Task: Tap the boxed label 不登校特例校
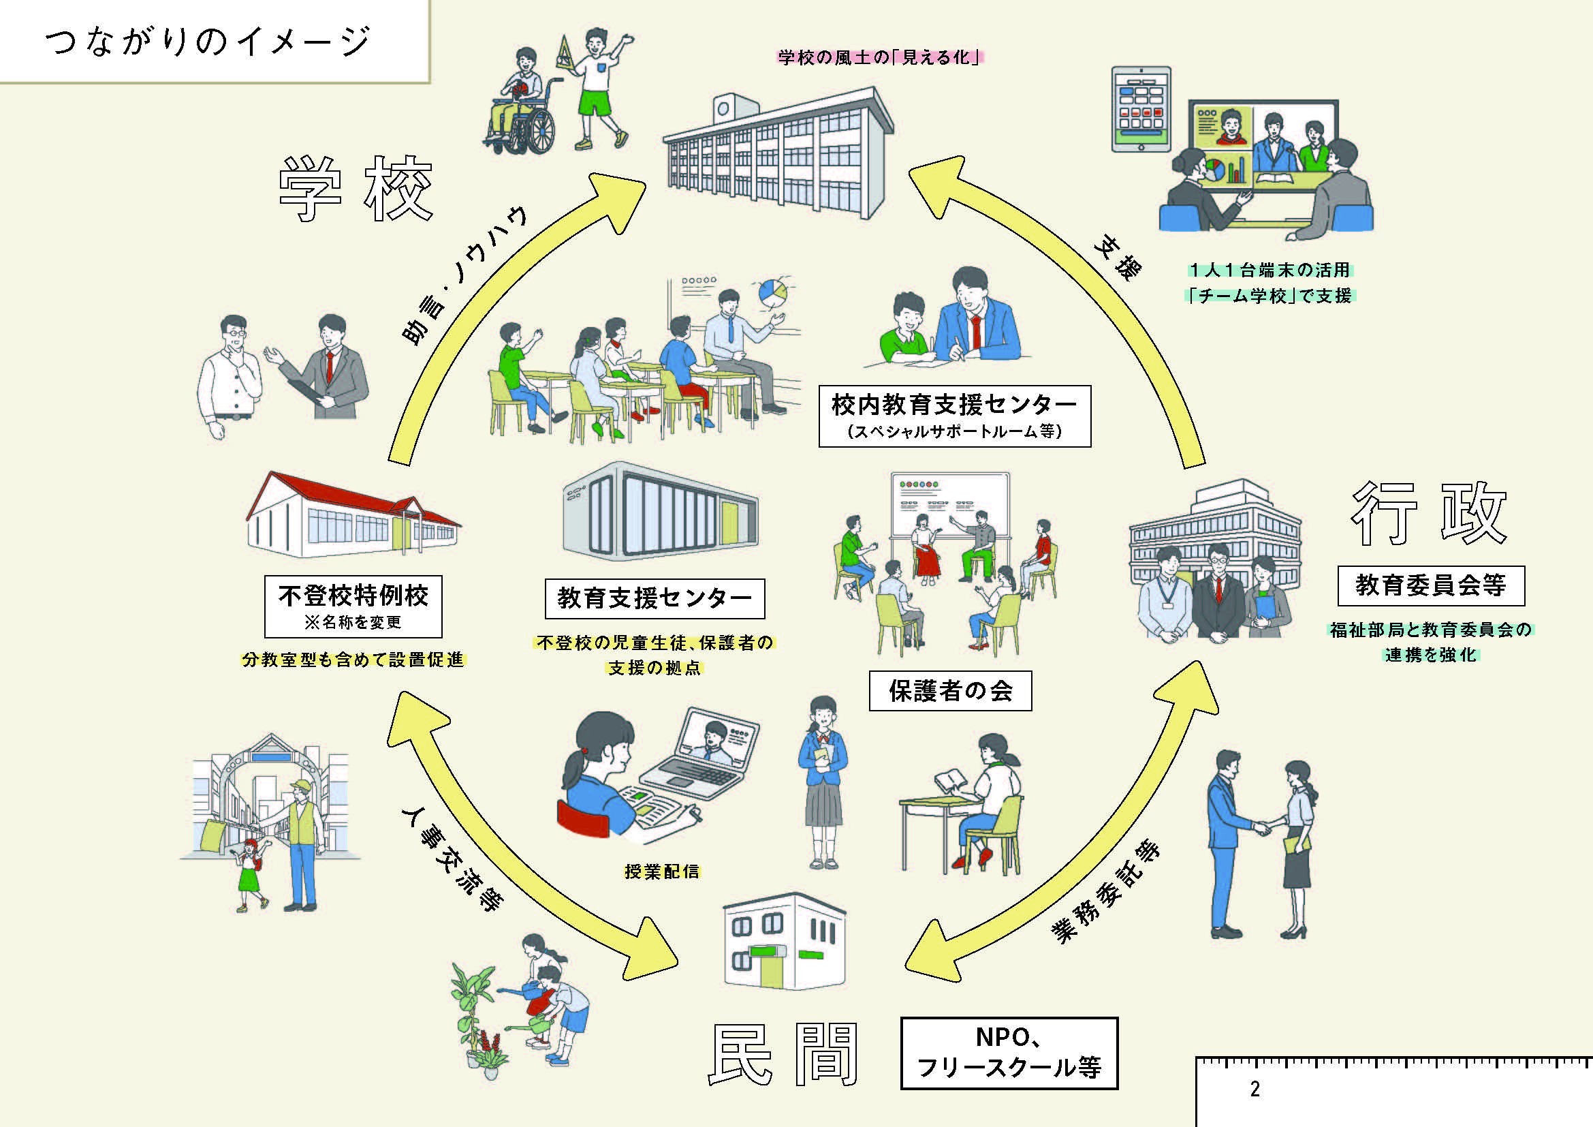(x=353, y=605)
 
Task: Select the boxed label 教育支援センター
(x=654, y=598)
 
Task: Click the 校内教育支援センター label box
(x=954, y=416)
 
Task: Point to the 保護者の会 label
(x=950, y=690)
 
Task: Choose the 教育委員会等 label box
(x=1431, y=586)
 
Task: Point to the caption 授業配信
(x=662, y=871)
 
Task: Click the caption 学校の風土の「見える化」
(x=880, y=58)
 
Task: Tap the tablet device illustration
(x=1141, y=108)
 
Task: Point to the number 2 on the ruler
(x=1255, y=1089)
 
